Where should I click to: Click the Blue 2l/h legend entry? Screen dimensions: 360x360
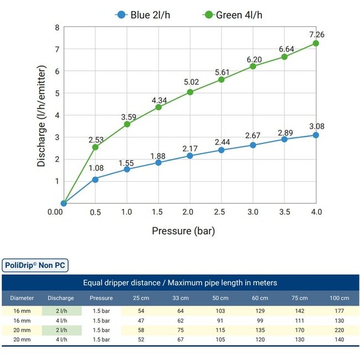pos(143,14)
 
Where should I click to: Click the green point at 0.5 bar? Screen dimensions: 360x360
pos(95,147)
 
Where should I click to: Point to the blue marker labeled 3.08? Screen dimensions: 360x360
pos(316,135)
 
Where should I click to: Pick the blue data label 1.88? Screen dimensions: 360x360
pos(158,156)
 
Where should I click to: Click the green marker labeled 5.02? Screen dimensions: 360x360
pos(190,92)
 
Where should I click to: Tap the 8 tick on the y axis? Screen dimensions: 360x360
pos(57,28)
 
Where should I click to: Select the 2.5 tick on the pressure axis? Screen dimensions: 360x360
pos(222,212)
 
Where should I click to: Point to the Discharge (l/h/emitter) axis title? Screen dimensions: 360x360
pos(42,114)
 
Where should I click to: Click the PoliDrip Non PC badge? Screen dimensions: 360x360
pos(34,265)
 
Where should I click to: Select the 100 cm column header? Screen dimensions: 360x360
pos(336,298)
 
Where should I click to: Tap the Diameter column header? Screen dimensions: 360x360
pos(22,298)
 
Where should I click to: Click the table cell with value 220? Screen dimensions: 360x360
pos(336,330)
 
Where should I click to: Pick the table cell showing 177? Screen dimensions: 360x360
pos(336,311)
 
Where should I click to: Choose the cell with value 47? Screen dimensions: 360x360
pos(140,321)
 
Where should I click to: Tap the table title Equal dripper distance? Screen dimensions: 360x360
pos(180,282)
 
